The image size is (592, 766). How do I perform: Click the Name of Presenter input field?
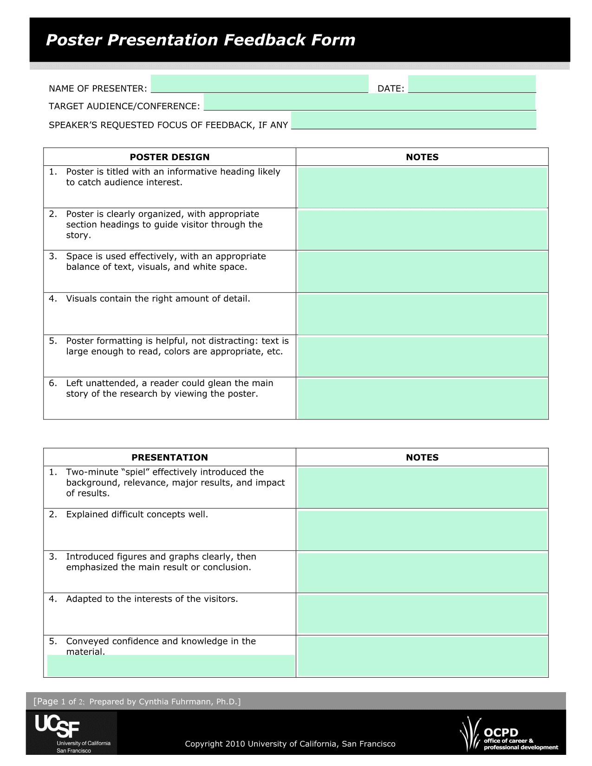259,84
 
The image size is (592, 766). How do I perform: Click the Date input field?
472,84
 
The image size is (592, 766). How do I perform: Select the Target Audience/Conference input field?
370,102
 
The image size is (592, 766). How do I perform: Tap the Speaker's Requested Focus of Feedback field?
413,120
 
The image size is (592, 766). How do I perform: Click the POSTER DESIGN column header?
169,157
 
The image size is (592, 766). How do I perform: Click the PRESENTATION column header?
169,458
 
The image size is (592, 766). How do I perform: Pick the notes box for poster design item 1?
422,187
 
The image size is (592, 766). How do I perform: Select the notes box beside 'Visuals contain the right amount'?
422,314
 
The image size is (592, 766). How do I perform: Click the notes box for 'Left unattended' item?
422,399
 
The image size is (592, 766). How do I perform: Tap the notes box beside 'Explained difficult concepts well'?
422,530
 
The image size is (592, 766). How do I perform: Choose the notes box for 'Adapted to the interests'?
422,614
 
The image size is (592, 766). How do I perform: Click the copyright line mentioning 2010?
290,744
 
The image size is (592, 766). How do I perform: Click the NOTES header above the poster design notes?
422,157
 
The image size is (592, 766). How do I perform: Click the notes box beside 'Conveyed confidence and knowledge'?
422,656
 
